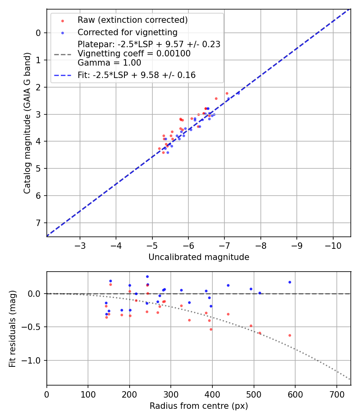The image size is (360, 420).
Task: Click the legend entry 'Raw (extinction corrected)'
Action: [132, 20]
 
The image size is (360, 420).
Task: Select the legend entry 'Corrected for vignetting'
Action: [128, 32]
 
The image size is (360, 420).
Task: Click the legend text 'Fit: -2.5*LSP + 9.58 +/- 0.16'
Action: [136, 75]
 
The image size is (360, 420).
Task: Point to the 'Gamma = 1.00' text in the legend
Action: [109, 63]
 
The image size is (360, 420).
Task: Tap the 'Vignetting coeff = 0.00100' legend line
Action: [134, 54]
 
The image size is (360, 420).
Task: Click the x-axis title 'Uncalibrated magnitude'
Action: [199, 257]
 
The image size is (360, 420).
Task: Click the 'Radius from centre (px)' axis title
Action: [199, 406]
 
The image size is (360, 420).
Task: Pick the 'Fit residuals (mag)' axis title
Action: [12, 329]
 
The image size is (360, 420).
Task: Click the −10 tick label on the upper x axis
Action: [333, 245]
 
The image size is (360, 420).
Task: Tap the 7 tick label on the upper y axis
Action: [39, 223]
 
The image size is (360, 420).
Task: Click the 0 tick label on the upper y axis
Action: [39, 33]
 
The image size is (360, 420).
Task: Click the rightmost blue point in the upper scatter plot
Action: [238, 93]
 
